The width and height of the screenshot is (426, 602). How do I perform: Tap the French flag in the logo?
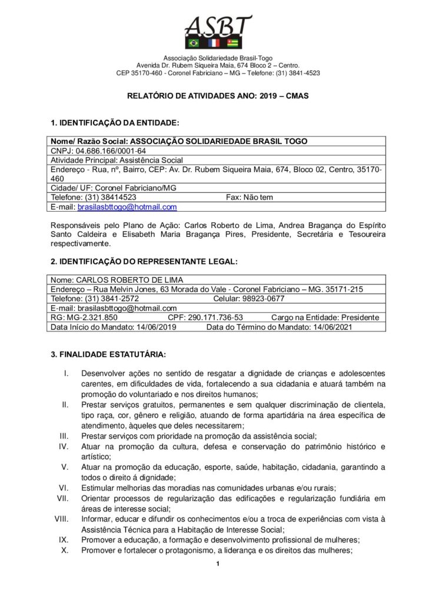tap(214, 43)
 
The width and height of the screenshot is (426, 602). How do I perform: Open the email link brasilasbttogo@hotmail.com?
tap(127, 207)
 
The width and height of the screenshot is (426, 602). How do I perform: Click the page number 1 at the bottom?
tap(217, 566)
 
